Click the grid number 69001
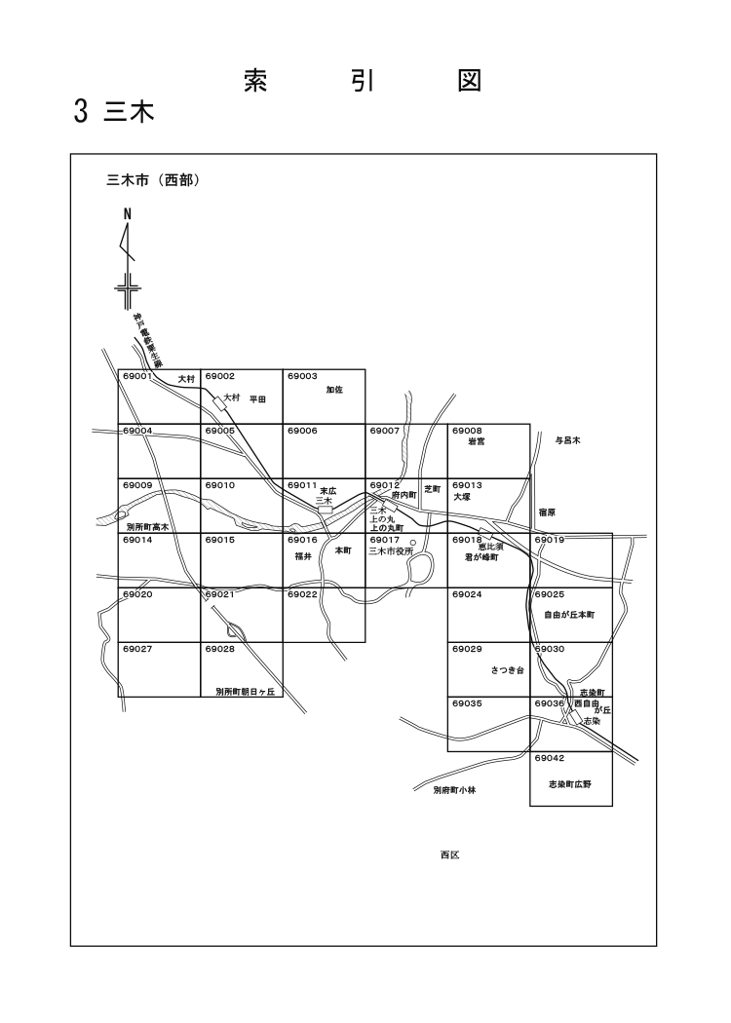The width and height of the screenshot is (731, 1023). click(x=137, y=376)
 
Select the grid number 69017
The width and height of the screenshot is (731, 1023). click(x=385, y=539)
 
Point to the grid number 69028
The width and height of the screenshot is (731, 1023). click(x=220, y=648)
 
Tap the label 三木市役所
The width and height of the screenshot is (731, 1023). click(x=392, y=550)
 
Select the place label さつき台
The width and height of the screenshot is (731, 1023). click(x=508, y=670)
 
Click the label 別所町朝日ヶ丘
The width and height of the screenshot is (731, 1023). click(x=247, y=691)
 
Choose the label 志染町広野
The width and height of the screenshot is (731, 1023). click(x=570, y=782)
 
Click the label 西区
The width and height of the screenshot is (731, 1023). click(x=449, y=854)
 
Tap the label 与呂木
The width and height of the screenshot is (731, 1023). click(x=568, y=441)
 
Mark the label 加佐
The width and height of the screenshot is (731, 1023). click(x=335, y=390)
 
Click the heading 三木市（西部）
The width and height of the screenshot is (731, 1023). click(x=152, y=180)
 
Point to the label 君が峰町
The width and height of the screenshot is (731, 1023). click(x=481, y=557)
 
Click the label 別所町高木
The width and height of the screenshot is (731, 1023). click(x=148, y=526)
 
